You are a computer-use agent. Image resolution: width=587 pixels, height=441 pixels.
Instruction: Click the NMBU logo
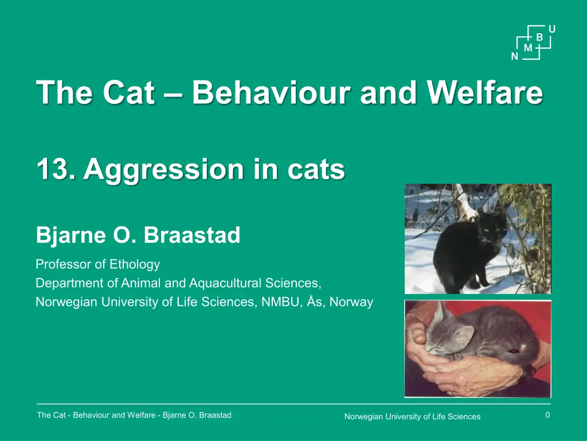click(533, 42)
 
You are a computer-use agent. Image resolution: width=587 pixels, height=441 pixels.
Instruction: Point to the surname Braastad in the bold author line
click(191, 235)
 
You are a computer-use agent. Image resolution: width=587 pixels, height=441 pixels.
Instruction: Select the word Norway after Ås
click(351, 302)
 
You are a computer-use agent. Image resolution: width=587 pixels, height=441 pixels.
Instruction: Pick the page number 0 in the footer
click(547, 415)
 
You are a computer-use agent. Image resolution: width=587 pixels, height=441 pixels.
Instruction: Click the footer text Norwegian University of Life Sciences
click(412, 417)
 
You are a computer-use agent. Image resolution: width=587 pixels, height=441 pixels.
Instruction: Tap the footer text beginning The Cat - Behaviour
click(134, 415)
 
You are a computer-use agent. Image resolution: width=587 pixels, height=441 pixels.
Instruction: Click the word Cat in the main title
click(128, 92)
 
